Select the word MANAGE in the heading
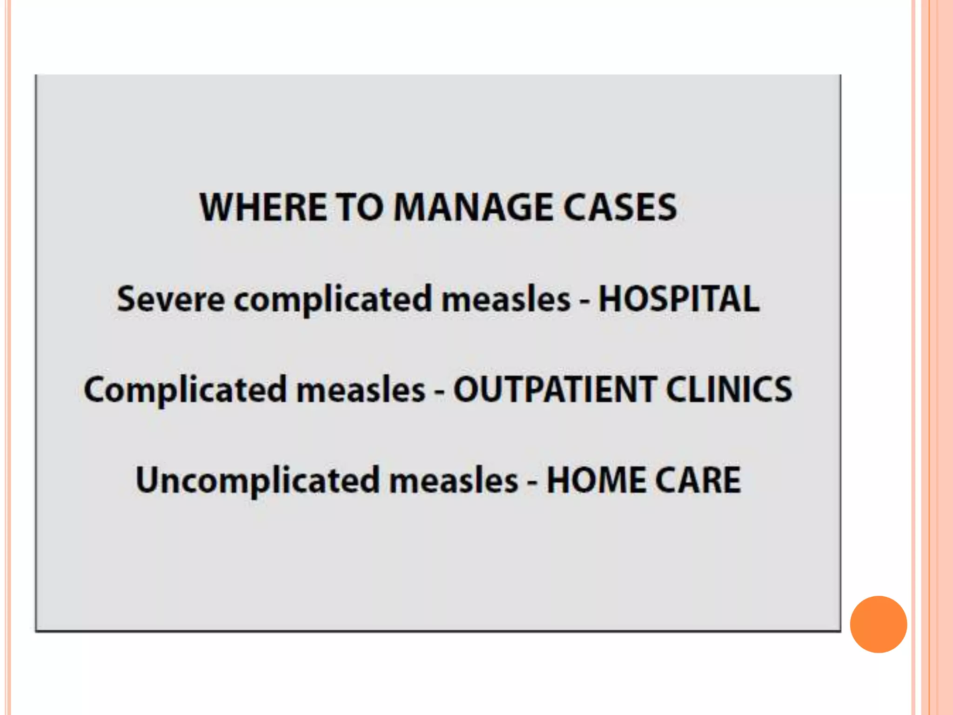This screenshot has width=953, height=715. (473, 207)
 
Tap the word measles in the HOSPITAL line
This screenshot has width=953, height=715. (506, 299)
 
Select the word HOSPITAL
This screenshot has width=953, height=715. (678, 299)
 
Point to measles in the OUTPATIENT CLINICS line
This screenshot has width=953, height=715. (361, 390)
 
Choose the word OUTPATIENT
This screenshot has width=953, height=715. (555, 390)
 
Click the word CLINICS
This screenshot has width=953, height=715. (729, 390)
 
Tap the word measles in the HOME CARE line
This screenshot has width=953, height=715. (454, 480)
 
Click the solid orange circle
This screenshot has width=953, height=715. (878, 624)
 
